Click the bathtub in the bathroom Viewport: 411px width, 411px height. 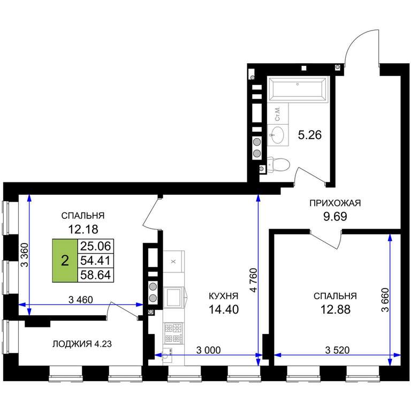298,88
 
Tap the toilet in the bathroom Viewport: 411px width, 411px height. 278,165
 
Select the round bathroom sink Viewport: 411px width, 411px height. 277,135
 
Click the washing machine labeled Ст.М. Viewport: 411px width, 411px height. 278,113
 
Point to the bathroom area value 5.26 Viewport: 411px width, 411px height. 310,135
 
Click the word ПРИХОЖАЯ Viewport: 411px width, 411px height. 335,203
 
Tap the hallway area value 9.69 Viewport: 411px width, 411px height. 335,217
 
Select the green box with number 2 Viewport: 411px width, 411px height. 65,261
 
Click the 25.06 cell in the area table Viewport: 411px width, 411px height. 96,246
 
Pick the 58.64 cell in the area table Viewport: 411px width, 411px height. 96,275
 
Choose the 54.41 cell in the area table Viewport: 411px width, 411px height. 96,261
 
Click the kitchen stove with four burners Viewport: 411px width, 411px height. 173,333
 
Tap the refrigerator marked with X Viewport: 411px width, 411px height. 173,262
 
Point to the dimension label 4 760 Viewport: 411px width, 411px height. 254,280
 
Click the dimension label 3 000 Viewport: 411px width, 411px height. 208,350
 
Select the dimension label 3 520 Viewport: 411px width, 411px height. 337,350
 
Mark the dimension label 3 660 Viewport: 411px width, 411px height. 385,300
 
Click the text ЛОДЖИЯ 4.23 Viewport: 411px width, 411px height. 82,344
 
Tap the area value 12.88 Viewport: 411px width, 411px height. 335,309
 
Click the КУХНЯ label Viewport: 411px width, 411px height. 224,296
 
